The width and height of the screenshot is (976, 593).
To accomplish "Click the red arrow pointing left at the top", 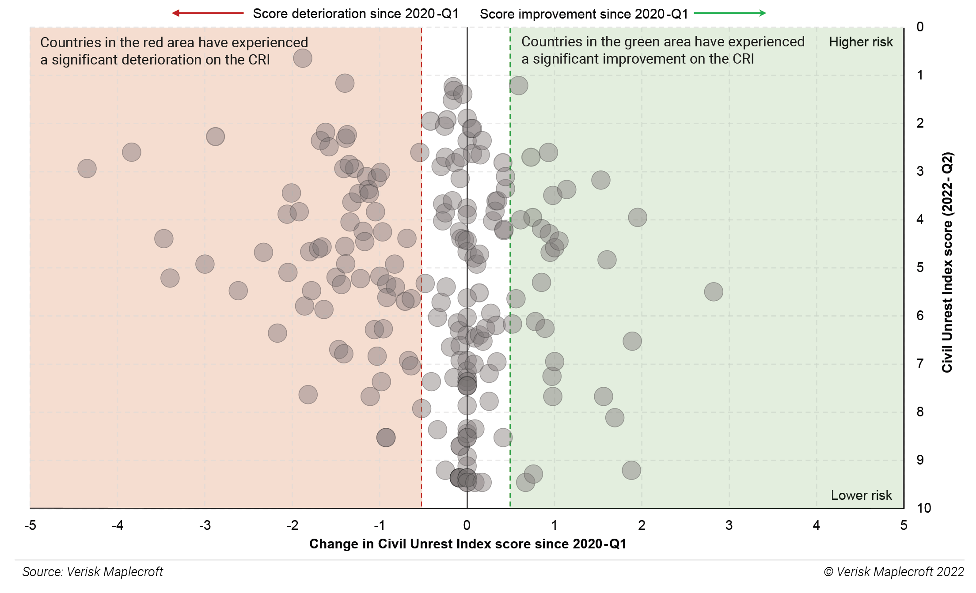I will point(208,13).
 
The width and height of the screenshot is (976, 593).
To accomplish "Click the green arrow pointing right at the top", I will point(730,13).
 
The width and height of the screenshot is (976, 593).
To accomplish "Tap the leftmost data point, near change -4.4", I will point(87,169).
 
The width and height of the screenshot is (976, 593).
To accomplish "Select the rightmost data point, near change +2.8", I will point(714,292).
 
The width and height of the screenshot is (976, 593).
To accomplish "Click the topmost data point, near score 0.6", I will point(303,58).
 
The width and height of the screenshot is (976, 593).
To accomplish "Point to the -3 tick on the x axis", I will point(205,525).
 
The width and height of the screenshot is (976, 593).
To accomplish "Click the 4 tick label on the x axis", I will point(816,525).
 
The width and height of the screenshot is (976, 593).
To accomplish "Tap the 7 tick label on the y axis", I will point(920,364).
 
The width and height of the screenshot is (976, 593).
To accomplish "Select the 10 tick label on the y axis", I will point(923,508).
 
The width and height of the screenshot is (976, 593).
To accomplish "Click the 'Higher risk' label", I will point(861,42).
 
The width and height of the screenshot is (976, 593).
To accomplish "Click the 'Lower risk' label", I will point(861,495).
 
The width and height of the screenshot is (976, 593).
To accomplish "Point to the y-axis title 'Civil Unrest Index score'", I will point(947,262).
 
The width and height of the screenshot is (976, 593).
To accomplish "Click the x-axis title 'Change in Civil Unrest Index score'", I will point(467,544).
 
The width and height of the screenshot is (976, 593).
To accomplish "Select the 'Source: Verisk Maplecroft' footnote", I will point(93,572).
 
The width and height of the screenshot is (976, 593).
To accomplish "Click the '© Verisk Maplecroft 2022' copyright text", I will point(893,572).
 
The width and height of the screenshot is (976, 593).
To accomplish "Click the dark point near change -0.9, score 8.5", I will point(386,438).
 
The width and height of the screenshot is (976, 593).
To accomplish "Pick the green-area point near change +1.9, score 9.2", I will point(631,470).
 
